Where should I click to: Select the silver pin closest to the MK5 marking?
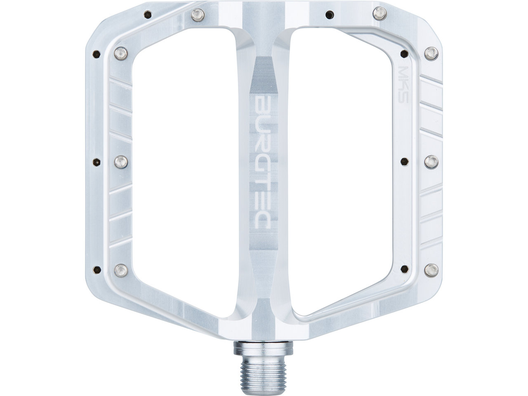coord(431,52)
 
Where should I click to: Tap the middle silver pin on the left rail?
coord(121,162)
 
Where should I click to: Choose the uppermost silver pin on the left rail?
coord(121,52)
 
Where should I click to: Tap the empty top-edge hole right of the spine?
coord(328,14)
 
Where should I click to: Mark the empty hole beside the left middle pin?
coord(97,162)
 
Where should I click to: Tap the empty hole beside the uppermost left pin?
coord(97,53)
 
